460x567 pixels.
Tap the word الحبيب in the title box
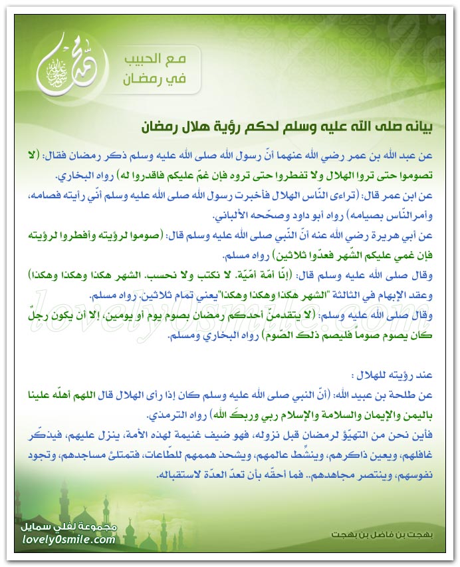tap(164, 59)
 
